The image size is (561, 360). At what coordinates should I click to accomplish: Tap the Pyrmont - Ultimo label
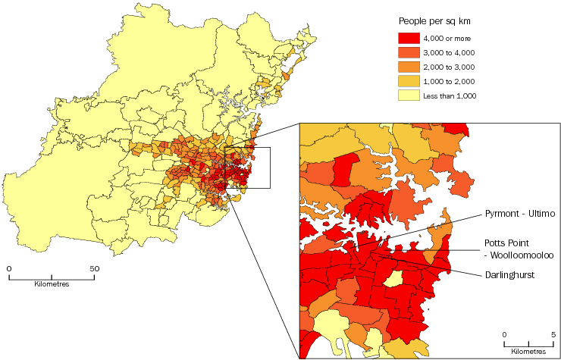tap(521, 214)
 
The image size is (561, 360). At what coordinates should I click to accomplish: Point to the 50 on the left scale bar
tap(95, 268)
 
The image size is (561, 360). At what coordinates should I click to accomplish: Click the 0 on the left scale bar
tap(9, 268)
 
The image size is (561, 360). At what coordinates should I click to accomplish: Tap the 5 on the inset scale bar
tap(552, 334)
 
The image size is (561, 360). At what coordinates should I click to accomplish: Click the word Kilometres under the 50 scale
tap(52, 284)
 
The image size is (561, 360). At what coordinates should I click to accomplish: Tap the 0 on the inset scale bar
tap(504, 334)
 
